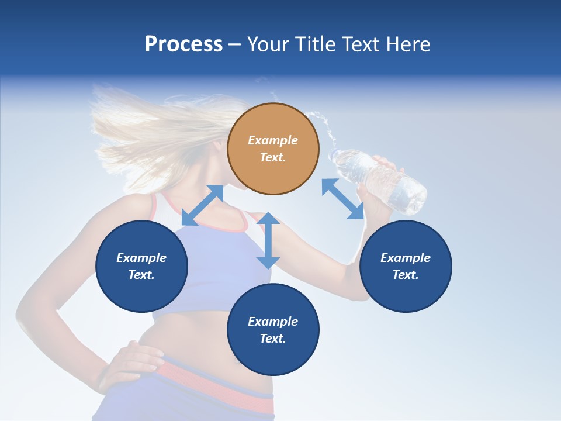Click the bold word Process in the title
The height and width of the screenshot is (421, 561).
click(x=183, y=44)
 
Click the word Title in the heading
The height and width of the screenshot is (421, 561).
click(x=314, y=44)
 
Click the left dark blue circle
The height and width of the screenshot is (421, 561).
click(x=141, y=266)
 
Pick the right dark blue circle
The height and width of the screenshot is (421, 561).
click(x=406, y=266)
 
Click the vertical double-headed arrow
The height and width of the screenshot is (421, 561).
click(x=268, y=240)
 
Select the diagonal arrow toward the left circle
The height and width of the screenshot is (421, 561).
click(x=203, y=205)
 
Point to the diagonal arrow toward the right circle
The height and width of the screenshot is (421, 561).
click(x=343, y=199)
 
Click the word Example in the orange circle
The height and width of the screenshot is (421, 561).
click(x=273, y=140)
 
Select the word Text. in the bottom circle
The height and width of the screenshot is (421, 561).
click(x=273, y=339)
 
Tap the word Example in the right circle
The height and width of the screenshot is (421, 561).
click(x=406, y=258)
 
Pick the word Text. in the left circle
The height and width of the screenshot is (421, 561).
click(x=141, y=275)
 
